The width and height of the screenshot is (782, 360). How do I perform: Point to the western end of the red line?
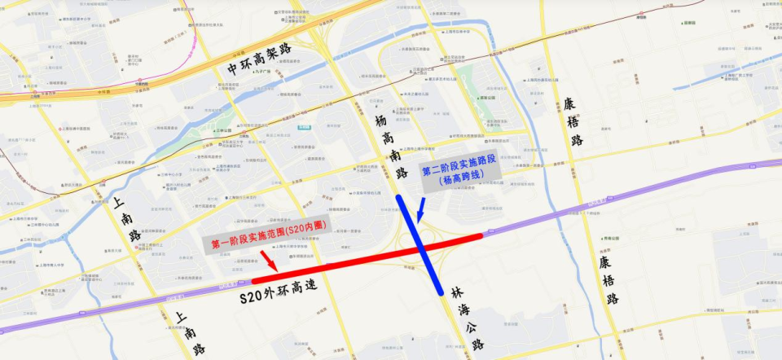pyautogui.click(x=253, y=282)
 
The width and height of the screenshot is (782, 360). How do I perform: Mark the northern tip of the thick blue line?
pyautogui.click(x=398, y=198)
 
